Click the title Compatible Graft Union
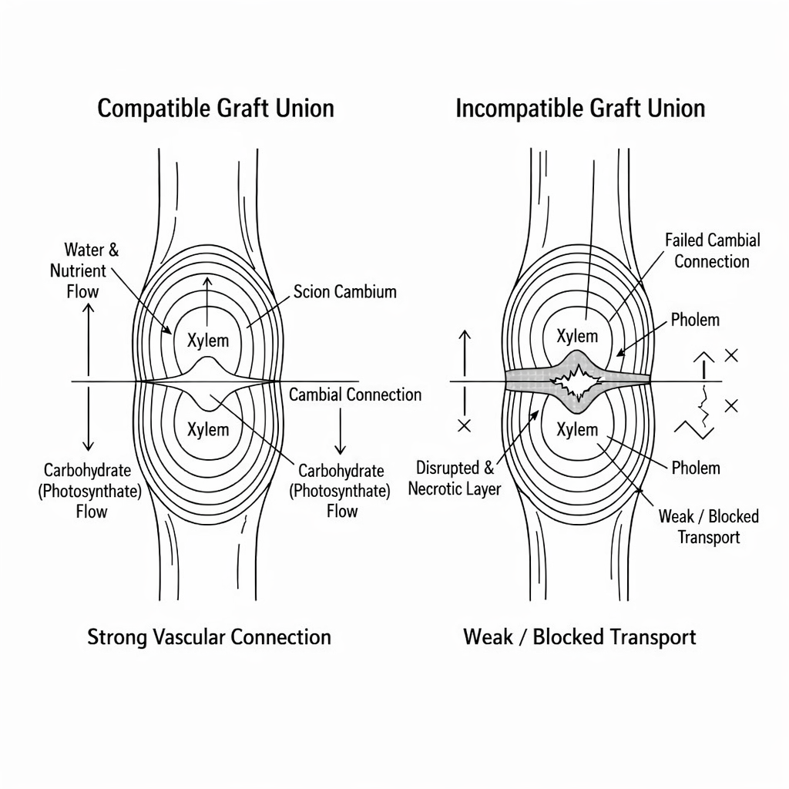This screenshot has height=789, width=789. tap(216, 109)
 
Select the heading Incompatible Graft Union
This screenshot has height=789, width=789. tap(580, 109)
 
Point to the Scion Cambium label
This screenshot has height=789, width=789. tap(345, 291)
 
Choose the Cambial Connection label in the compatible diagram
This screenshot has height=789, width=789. tap(355, 395)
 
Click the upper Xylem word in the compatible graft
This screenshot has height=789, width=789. tap(208, 340)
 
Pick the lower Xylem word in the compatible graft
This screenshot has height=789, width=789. tap(208, 429)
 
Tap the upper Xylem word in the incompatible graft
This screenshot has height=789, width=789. tap(577, 336)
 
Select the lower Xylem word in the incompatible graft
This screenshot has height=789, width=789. tap(577, 429)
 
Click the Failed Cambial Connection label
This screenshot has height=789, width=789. tap(712, 251)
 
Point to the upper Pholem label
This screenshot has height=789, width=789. tap(695, 320)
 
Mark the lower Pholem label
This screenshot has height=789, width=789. tap(695, 468)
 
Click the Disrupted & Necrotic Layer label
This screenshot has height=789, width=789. tap(455, 478)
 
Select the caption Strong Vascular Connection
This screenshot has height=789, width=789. tap(209, 637)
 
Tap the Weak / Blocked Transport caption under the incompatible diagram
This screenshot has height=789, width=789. tap(579, 637)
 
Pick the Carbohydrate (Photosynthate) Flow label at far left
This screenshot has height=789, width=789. tap(87, 491)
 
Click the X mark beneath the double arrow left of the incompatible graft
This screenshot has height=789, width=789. tap(464, 425)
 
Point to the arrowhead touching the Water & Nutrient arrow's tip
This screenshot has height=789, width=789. tap(166, 330)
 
